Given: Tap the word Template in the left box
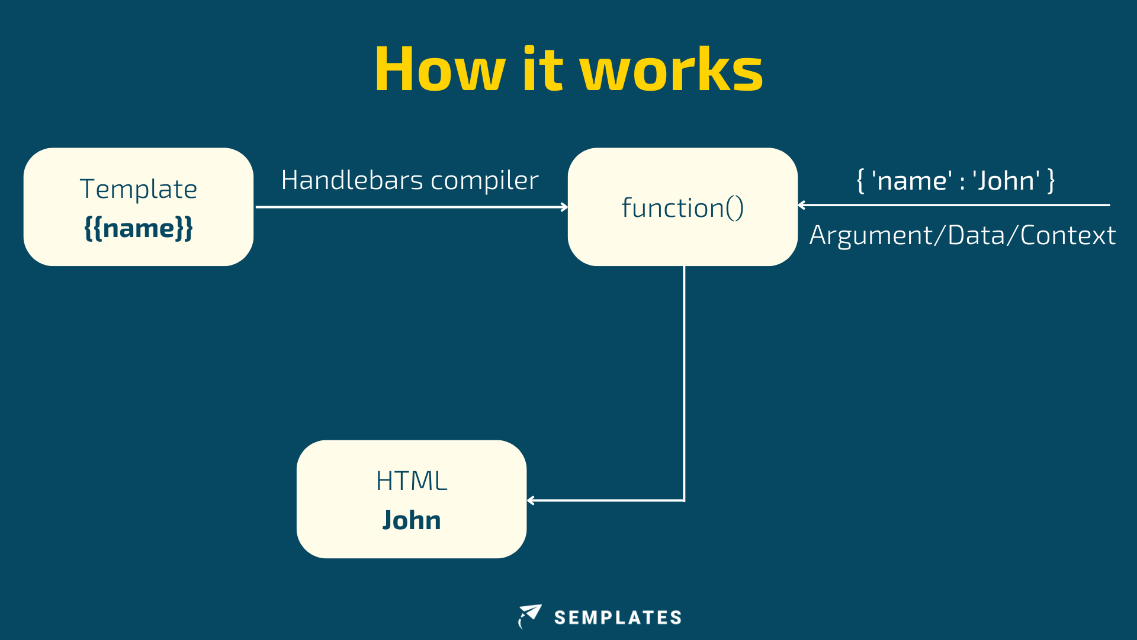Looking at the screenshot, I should [x=139, y=189].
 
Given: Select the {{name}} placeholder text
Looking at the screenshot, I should [x=139, y=228].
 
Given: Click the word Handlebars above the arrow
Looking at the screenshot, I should [x=352, y=180].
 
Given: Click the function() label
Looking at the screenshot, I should [x=682, y=208].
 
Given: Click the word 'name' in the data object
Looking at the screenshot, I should [x=912, y=181].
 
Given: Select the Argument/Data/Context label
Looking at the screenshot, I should [x=962, y=235].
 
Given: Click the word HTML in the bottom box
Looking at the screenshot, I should [x=412, y=481].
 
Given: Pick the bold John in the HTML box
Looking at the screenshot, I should [x=412, y=520].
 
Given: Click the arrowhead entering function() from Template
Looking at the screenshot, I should [x=564, y=207].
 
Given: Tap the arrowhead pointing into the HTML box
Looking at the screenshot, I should [x=531, y=501].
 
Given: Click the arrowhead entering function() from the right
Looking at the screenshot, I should [x=802, y=205].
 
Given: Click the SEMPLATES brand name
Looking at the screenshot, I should [x=618, y=617].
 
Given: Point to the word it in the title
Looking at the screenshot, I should [x=542, y=69].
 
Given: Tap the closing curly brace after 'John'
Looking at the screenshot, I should [x=1051, y=181].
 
